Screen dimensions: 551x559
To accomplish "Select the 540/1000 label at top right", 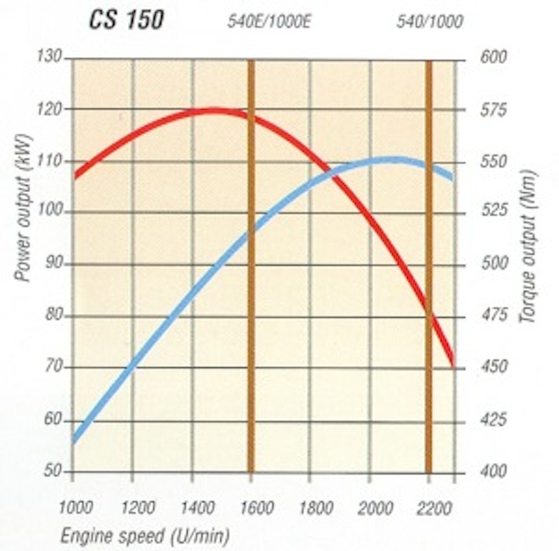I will [429, 22].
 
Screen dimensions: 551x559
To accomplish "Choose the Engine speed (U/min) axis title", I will [145, 536].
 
